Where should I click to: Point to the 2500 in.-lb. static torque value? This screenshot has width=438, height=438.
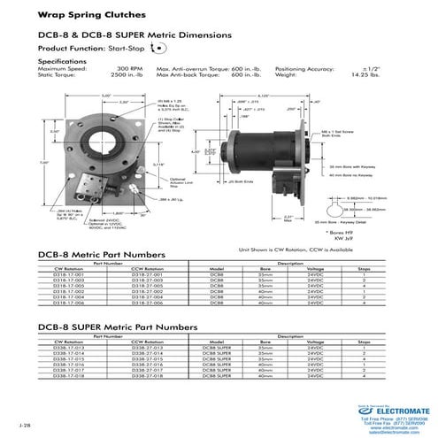pyautogui.click(x=129, y=75)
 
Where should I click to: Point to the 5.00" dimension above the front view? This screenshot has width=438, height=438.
pyautogui.click(x=106, y=95)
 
